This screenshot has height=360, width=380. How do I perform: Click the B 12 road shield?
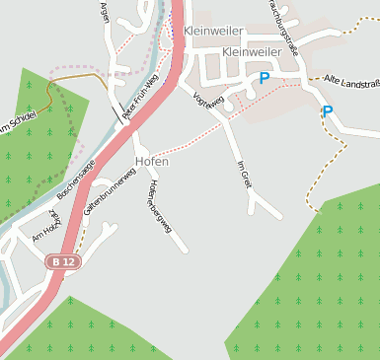click(62, 261)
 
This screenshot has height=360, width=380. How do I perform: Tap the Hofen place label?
click(151, 161)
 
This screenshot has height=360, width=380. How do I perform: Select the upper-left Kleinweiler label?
click(213, 32)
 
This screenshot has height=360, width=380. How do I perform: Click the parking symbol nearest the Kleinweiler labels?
click(264, 77)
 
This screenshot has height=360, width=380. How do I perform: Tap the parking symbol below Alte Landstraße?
click(328, 111)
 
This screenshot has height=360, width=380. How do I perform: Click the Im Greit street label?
click(245, 173)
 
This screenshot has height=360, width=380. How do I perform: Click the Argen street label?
click(105, 12)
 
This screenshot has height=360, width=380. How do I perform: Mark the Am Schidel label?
click(19, 122)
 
